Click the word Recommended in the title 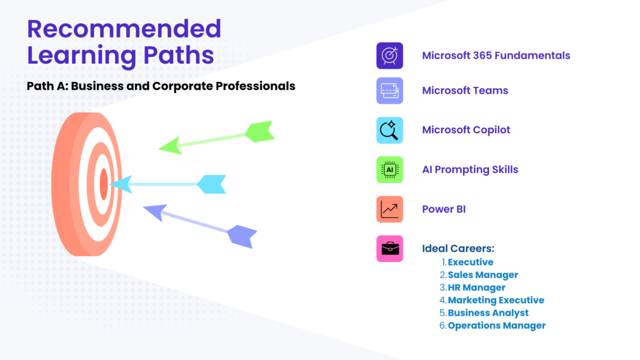point(124,29)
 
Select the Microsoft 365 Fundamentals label point(496,56)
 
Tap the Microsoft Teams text point(465,91)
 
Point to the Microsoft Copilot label point(466,130)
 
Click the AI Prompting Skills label point(470,169)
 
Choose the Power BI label point(444,209)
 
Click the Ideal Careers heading point(458,248)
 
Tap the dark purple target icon point(389,56)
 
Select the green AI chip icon point(389,169)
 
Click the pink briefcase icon point(389,249)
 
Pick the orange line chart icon point(389,209)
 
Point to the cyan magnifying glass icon point(389,130)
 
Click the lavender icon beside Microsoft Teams point(389,91)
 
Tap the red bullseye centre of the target point(104,184)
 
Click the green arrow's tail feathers point(260,131)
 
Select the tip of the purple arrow point(144,207)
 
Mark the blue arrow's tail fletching point(211,184)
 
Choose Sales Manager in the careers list point(483,275)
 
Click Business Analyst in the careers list point(488,312)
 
